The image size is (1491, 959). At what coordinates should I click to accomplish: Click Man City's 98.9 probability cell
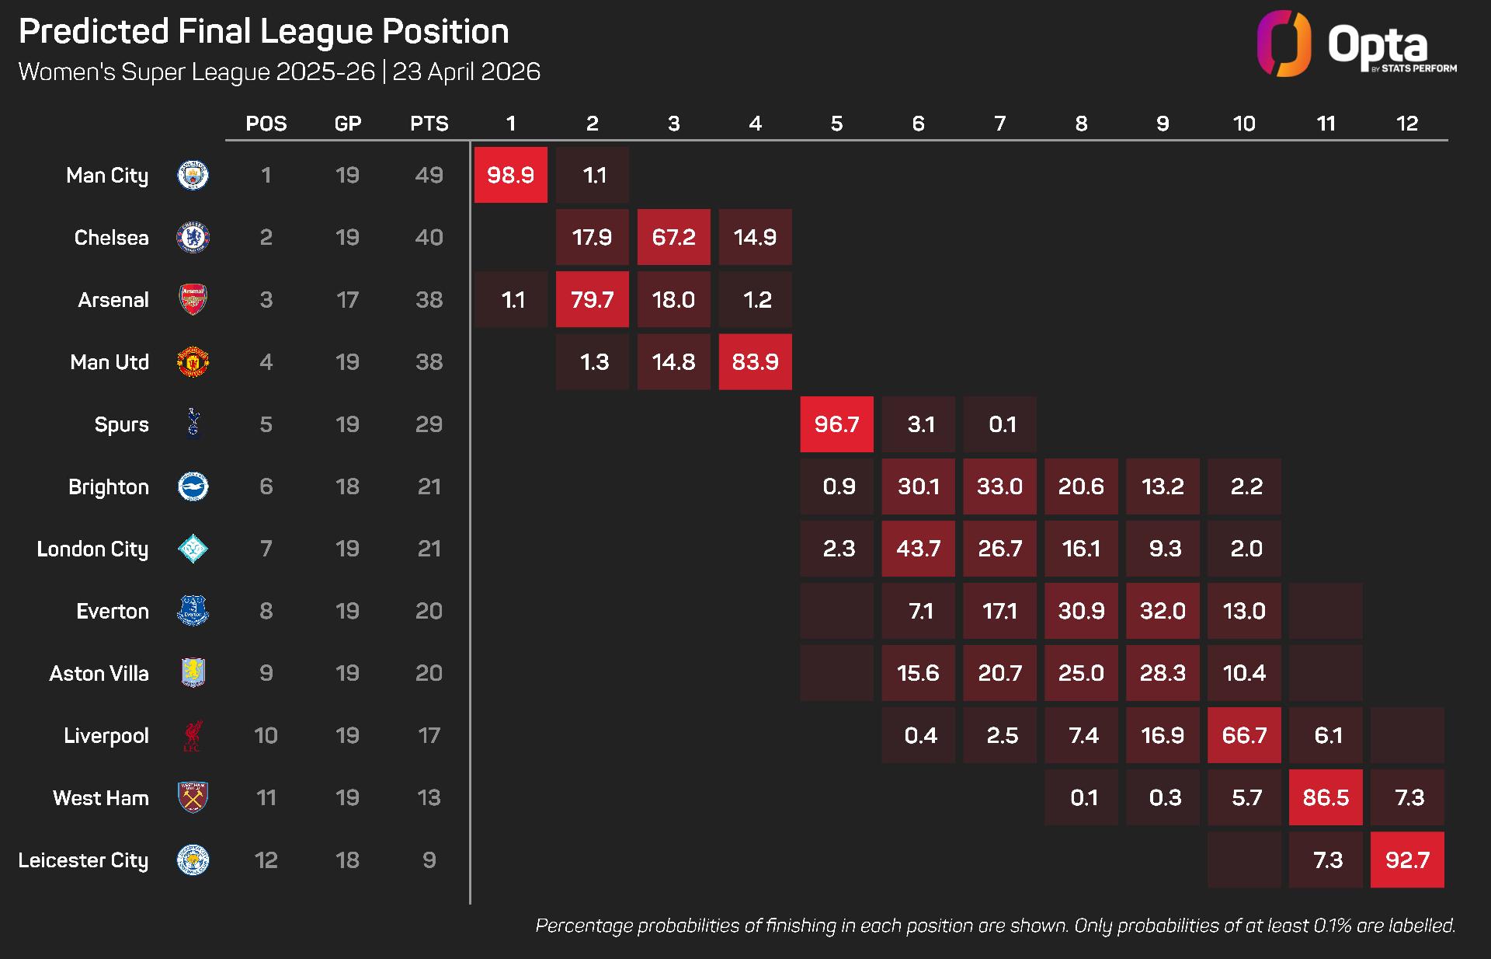click(x=510, y=175)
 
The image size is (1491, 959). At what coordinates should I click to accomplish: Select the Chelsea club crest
click(x=193, y=237)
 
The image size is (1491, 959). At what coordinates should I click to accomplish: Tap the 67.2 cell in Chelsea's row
click(x=673, y=237)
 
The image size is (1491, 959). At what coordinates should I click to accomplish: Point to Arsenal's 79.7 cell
click(x=592, y=299)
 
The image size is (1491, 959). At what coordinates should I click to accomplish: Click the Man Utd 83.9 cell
click(x=755, y=361)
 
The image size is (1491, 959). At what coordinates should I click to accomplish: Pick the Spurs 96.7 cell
click(x=836, y=424)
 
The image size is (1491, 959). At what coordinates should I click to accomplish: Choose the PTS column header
click(x=429, y=124)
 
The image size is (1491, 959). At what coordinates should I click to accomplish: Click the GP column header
click(x=347, y=124)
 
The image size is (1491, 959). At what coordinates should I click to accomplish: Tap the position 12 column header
click(x=1406, y=124)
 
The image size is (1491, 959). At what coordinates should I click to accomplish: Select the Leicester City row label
click(x=83, y=860)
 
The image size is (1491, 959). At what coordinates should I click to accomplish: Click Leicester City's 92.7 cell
click(x=1406, y=860)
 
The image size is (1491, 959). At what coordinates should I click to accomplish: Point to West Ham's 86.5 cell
click(x=1326, y=797)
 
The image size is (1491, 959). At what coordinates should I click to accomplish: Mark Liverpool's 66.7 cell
click(x=1244, y=735)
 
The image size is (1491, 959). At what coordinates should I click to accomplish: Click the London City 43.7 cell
click(x=918, y=549)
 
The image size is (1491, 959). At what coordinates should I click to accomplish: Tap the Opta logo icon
click(x=1284, y=44)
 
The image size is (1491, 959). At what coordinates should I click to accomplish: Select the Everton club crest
click(x=193, y=611)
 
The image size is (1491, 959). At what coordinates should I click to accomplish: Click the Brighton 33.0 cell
click(x=999, y=486)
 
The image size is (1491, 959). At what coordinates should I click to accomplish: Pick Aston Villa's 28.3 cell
click(x=1163, y=673)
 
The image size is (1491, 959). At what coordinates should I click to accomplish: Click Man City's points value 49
click(x=429, y=175)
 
